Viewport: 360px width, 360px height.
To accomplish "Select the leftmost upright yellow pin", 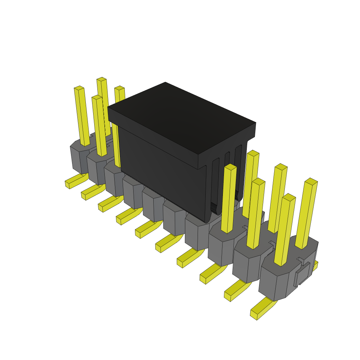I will tap(82, 116).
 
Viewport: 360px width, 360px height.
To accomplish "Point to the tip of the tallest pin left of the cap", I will tap(101, 79).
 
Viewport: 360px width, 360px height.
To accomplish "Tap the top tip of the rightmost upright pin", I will tap(311, 181).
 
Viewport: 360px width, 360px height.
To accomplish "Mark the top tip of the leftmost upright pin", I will tap(79, 88).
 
